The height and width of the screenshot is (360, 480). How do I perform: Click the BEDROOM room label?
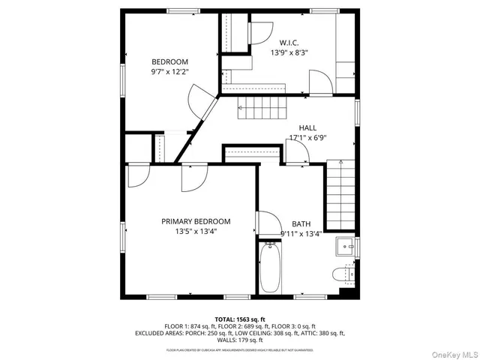[x=170, y=61]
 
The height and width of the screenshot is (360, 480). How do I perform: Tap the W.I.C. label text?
[x=289, y=43]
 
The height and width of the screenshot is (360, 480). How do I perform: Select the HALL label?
[x=307, y=127]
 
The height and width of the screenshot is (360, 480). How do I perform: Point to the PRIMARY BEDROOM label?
[x=196, y=221]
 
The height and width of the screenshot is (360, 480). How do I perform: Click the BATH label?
[x=301, y=223]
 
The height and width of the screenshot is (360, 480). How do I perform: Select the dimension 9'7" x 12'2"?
[x=170, y=72]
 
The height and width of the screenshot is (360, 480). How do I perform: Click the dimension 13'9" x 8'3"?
[x=289, y=53]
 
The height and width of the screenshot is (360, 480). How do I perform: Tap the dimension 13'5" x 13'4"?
[x=196, y=232]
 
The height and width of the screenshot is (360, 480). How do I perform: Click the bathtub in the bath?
[x=270, y=268]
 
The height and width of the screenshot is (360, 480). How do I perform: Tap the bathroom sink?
[x=346, y=245]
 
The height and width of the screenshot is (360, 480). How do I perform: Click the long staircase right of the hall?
[x=340, y=196]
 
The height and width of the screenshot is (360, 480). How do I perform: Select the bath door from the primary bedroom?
[x=265, y=223]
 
